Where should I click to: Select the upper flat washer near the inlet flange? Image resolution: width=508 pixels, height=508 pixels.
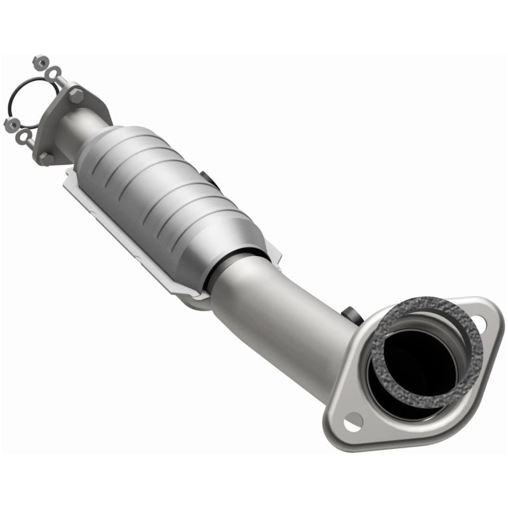tap(55, 72)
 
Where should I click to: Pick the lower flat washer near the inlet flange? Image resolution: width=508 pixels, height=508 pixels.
tap(23, 135)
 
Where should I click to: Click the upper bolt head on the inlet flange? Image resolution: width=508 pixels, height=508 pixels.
tap(76, 96)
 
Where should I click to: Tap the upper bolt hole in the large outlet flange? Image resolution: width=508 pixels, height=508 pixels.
tap(479, 324)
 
